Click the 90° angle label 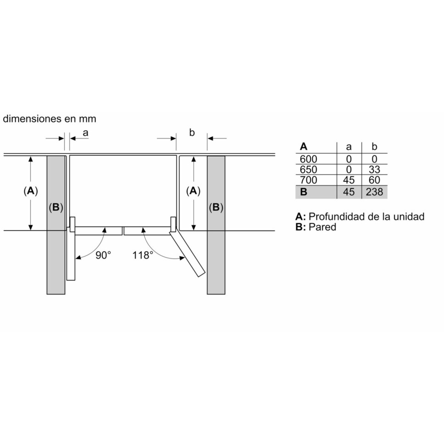pyautogui.click(x=103, y=255)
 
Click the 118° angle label pyautogui.click(x=143, y=255)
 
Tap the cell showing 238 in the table pyautogui.click(x=374, y=192)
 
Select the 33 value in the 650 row pyautogui.click(x=374, y=169)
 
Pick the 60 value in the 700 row pyautogui.click(x=374, y=180)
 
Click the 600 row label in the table pyautogui.click(x=309, y=159)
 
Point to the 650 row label pyautogui.click(x=309, y=169)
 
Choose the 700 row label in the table pyautogui.click(x=309, y=180)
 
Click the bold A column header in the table pyautogui.click(x=303, y=146)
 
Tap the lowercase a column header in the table pyautogui.click(x=349, y=147)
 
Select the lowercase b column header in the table pyautogui.click(x=374, y=146)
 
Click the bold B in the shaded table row pyautogui.click(x=303, y=192)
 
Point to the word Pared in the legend pyautogui.click(x=322, y=227)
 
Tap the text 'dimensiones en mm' pyautogui.click(x=50, y=118)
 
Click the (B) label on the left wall pyautogui.click(x=56, y=208)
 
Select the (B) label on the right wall pyautogui.click(x=216, y=208)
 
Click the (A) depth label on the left pyautogui.click(x=31, y=191)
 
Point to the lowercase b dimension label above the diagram pyautogui.click(x=192, y=132)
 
